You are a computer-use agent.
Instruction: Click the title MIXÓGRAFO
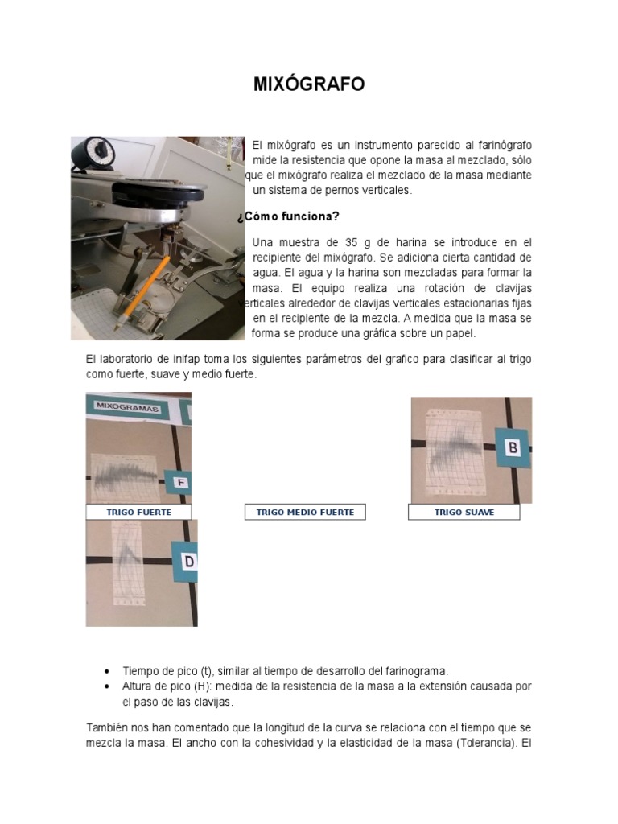[x=309, y=84]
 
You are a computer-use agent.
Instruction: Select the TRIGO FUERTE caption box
[x=139, y=513]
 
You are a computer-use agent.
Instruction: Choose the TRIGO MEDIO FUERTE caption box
[x=305, y=513]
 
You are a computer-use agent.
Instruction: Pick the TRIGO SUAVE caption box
[x=464, y=513]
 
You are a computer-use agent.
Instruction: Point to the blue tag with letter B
[x=512, y=447]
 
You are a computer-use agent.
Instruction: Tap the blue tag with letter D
[x=187, y=562]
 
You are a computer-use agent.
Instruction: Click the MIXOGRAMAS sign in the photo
[x=129, y=407]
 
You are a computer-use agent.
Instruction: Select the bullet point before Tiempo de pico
[x=108, y=671]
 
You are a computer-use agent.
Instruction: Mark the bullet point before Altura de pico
[x=108, y=686]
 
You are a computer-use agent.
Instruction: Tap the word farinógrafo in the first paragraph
[x=499, y=145]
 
